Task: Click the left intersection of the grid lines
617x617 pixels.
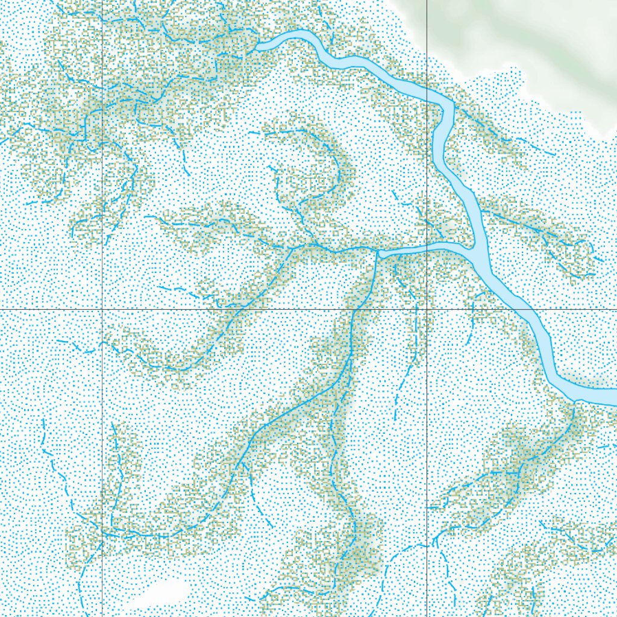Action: [102, 310]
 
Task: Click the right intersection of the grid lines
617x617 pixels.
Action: [427, 310]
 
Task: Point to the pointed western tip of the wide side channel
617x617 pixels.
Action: [378, 254]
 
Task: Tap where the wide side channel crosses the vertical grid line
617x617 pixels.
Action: [427, 247]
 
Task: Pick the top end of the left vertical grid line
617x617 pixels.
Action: [102, 2]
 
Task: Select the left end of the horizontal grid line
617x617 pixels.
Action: [2, 310]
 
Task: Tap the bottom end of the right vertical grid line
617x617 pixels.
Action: [427, 615]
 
